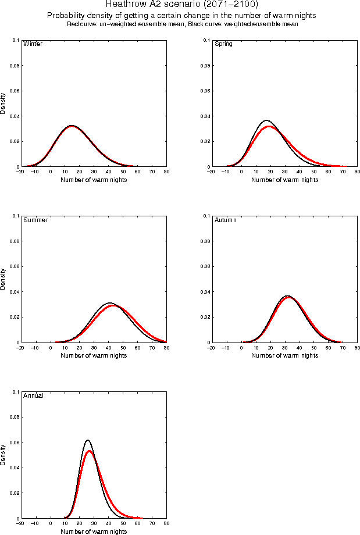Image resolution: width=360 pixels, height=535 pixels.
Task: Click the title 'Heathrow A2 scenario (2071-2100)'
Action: (182, 5)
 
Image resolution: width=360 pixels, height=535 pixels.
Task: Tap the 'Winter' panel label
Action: (32, 44)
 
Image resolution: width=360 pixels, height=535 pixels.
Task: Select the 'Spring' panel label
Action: (223, 44)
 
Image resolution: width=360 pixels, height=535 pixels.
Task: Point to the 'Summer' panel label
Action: (35, 220)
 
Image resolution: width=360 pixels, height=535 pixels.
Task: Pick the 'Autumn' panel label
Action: (226, 220)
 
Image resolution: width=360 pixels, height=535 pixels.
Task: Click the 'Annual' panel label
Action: (33, 396)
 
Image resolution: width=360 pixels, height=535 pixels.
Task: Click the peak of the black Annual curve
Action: (88, 440)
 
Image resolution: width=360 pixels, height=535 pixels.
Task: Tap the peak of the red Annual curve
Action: (90, 451)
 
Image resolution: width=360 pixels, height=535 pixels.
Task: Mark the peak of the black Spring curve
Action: (267, 120)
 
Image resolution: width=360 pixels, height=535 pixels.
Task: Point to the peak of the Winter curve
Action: (72, 126)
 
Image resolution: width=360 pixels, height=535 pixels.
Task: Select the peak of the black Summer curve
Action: (110, 303)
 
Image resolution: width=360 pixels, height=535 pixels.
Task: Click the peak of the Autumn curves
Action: (287, 297)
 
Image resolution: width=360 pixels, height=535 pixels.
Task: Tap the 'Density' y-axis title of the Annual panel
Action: (3, 455)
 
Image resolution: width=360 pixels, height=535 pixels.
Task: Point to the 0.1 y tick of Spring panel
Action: (206, 40)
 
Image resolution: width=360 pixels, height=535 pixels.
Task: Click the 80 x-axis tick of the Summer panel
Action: (166, 348)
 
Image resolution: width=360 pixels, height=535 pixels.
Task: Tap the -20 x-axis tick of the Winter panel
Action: (20, 172)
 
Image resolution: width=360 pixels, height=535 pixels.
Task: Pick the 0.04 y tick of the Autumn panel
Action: (205, 292)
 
